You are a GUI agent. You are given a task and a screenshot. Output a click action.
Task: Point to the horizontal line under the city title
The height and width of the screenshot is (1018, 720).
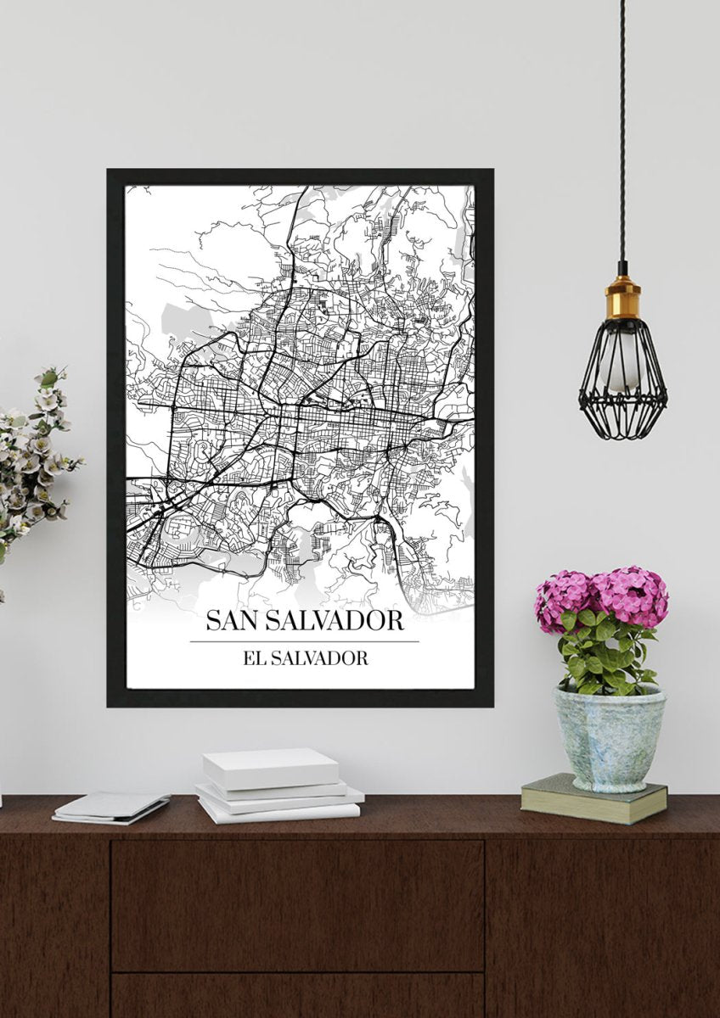(x=304, y=641)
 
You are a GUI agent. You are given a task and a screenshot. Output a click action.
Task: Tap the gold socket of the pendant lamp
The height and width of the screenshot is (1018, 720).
(x=622, y=299)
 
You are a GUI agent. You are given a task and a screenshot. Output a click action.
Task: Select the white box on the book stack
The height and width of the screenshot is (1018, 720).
(x=269, y=768)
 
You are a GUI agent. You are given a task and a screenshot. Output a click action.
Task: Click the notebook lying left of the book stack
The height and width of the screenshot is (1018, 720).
(x=110, y=807)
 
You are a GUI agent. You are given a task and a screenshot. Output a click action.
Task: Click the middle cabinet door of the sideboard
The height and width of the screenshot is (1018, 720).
(x=297, y=903)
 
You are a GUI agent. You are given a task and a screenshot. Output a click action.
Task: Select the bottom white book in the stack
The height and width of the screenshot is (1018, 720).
(x=280, y=812)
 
